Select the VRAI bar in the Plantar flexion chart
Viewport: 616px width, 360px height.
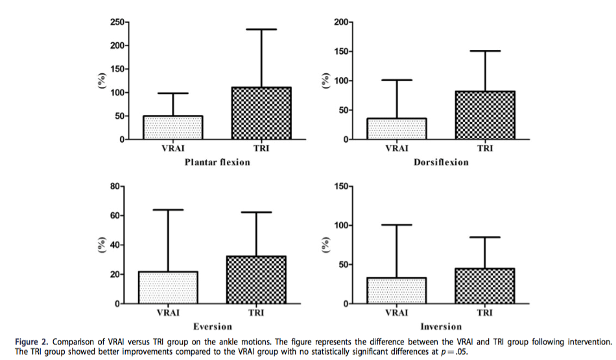click(173, 127)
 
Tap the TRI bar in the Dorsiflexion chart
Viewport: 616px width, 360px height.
click(484, 115)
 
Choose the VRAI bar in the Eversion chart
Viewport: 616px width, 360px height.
click(168, 287)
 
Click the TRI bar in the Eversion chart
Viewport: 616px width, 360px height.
click(255, 280)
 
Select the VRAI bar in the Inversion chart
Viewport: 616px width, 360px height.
click(396, 290)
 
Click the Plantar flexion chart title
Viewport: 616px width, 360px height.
click(216, 162)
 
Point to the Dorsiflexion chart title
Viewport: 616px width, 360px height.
click(441, 162)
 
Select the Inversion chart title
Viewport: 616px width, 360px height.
click(440, 326)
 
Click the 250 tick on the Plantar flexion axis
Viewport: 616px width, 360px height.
click(117, 23)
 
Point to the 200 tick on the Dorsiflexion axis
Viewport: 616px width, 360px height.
click(341, 23)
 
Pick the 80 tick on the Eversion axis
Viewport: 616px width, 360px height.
click(116, 187)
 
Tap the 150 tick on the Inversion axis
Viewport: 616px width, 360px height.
click(341, 187)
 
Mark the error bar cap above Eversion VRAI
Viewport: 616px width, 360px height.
click(168, 210)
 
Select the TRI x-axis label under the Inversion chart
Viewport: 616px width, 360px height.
click(484, 312)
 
